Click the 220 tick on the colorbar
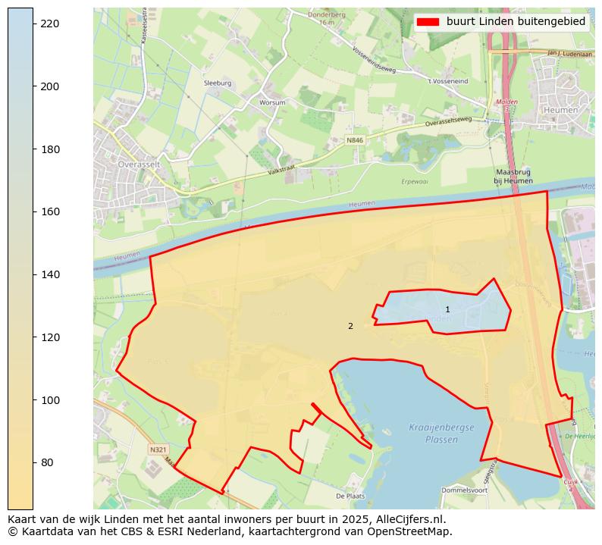coord(33,24)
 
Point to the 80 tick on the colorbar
coord(33,462)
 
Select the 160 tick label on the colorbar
coord(49,211)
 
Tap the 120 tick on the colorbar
coord(33,337)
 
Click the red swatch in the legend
coord(428,22)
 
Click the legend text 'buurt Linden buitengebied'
coord(516,22)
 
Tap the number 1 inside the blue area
coord(447,309)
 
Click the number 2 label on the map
coord(350,326)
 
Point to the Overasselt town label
coord(136,164)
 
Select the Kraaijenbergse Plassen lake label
coord(441,434)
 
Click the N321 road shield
coord(158,449)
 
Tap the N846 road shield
coord(355,140)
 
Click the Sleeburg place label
coord(218,83)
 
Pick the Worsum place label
coord(272,102)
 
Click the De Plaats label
coord(350,496)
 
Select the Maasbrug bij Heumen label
coord(513,177)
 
